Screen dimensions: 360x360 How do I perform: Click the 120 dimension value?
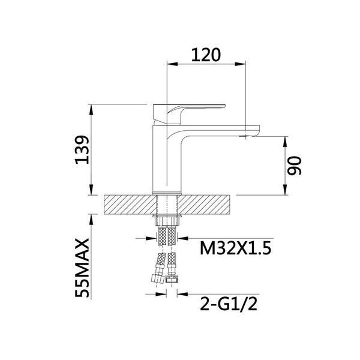[x=206, y=55]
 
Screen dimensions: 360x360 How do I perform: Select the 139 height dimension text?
[x=82, y=149]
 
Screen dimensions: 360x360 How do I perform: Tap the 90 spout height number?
[x=294, y=166]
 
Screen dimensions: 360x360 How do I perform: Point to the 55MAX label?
[x=82, y=268]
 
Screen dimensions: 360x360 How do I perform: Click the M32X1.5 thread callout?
[x=236, y=248]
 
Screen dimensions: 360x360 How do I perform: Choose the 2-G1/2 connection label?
[x=229, y=304]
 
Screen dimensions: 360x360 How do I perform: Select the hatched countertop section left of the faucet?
[x=130, y=205]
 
